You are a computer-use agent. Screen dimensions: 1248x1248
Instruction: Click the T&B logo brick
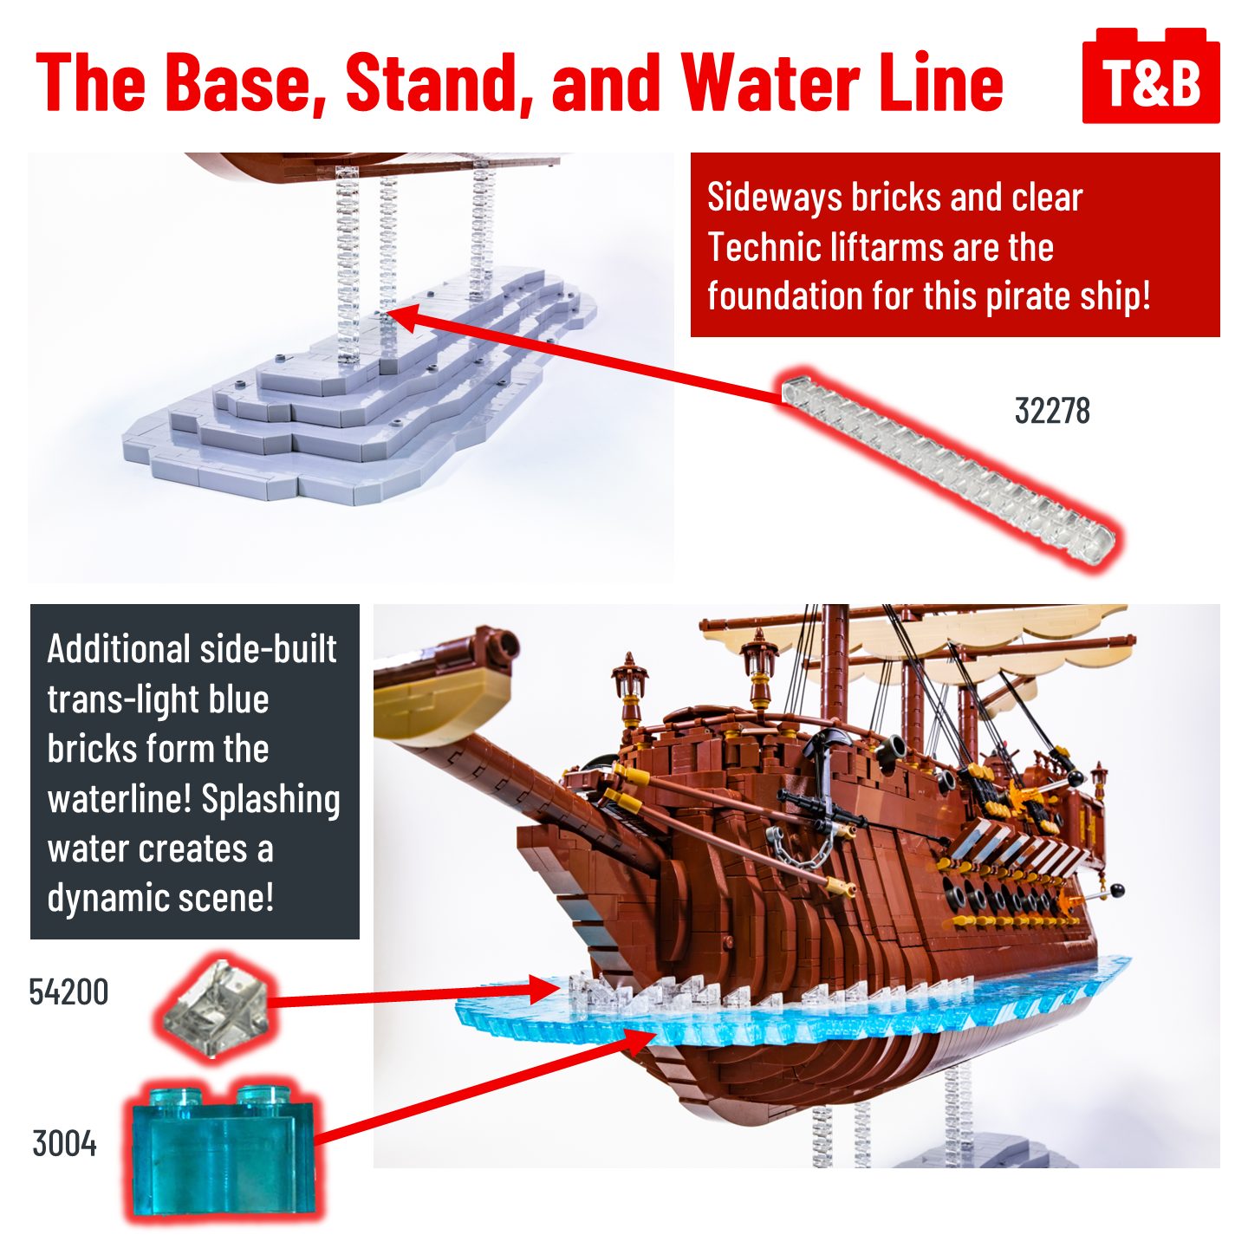pyautogui.click(x=1151, y=78)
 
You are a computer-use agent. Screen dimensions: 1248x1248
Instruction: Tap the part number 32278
pyautogui.click(x=1052, y=411)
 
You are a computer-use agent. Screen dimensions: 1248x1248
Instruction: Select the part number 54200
pyautogui.click(x=68, y=992)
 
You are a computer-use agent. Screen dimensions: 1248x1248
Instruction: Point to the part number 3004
pyautogui.click(x=64, y=1144)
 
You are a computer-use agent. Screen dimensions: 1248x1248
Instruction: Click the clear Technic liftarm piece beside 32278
pyautogui.click(x=949, y=468)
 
